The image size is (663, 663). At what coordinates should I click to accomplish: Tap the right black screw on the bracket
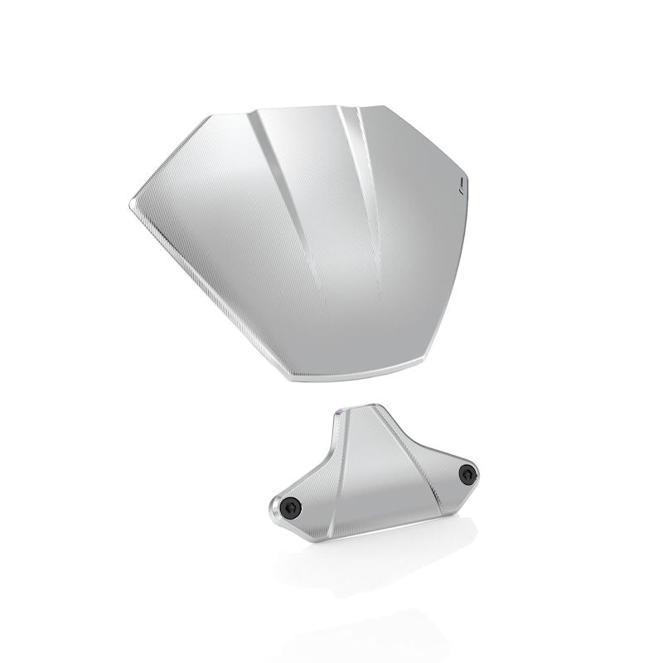click(468, 474)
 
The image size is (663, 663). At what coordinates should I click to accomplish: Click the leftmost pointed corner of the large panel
click(131, 201)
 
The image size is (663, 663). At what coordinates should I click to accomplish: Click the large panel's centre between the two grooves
click(331, 249)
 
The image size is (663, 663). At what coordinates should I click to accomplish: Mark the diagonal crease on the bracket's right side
click(414, 448)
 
